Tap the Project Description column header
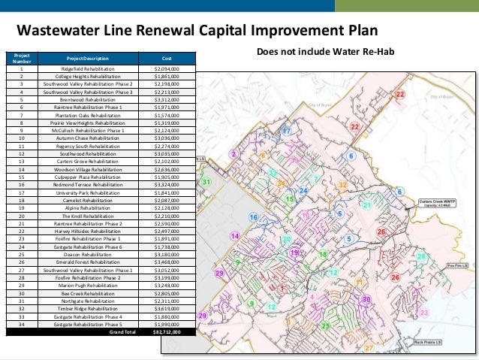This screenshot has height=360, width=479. (86, 58)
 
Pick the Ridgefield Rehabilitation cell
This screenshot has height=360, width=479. (86, 68)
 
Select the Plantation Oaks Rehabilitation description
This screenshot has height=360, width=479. (86, 115)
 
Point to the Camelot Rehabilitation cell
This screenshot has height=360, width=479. (86, 201)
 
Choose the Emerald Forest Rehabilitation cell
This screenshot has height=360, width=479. (86, 262)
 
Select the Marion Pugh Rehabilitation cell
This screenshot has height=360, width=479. (86, 285)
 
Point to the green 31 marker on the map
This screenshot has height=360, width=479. (206, 183)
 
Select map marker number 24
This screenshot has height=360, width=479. (303, 191)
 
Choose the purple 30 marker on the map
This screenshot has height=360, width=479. (366, 299)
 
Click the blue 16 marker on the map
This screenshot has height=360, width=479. (254, 217)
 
